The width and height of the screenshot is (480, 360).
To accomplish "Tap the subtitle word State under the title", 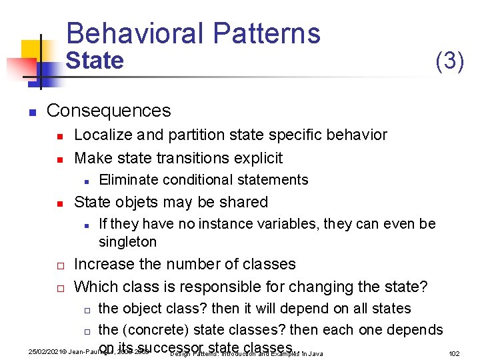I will (x=95, y=61).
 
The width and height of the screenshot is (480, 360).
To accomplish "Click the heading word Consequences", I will (x=109, y=110).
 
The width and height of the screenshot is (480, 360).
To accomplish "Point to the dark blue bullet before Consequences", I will (x=31, y=111).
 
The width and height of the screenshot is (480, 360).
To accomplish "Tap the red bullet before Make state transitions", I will (x=59, y=159).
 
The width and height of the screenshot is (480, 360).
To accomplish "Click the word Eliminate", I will (x=127, y=179).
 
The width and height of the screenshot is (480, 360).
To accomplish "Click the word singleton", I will (x=127, y=241).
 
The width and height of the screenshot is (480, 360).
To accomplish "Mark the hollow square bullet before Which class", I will (x=59, y=288).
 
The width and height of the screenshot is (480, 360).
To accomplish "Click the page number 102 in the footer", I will (x=454, y=353).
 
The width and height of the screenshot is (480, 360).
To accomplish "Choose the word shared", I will (x=245, y=202).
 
